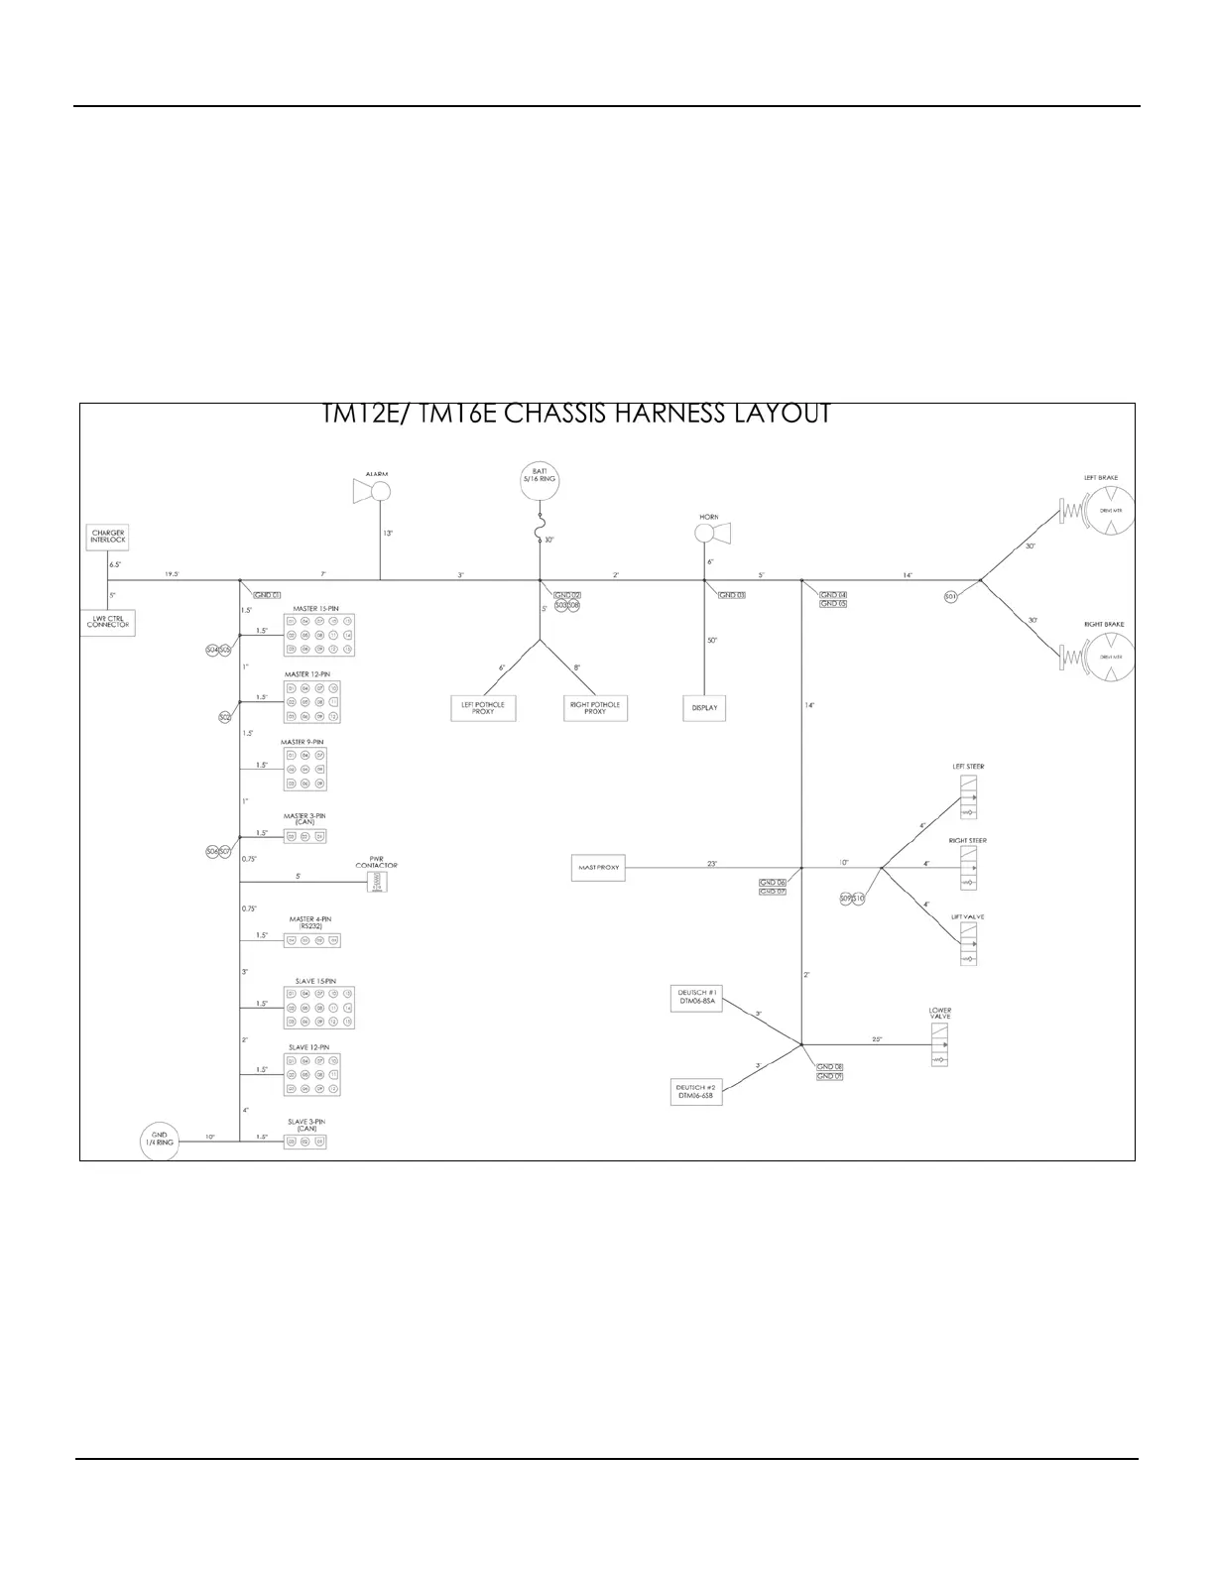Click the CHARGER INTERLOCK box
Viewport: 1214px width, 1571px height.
click(x=108, y=537)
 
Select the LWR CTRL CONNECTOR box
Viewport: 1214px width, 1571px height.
click(x=107, y=623)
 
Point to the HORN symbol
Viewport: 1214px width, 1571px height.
click(x=713, y=534)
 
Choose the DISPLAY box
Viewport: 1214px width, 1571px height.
click(x=704, y=708)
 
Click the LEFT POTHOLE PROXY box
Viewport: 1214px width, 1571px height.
click(x=483, y=708)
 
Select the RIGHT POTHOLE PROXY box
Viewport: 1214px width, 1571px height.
click(x=595, y=708)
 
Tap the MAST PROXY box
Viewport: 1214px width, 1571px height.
click(x=598, y=867)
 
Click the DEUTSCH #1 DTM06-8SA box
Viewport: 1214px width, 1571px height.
click(x=697, y=999)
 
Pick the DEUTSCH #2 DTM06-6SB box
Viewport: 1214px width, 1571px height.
click(x=696, y=1092)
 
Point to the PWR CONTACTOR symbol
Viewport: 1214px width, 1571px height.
click(x=377, y=882)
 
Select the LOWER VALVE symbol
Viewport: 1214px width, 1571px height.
click(x=939, y=1044)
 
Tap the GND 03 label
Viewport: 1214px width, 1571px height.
click(x=732, y=595)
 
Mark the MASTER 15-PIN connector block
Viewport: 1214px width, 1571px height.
click(x=318, y=634)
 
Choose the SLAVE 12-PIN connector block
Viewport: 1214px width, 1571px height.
click(x=311, y=1074)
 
